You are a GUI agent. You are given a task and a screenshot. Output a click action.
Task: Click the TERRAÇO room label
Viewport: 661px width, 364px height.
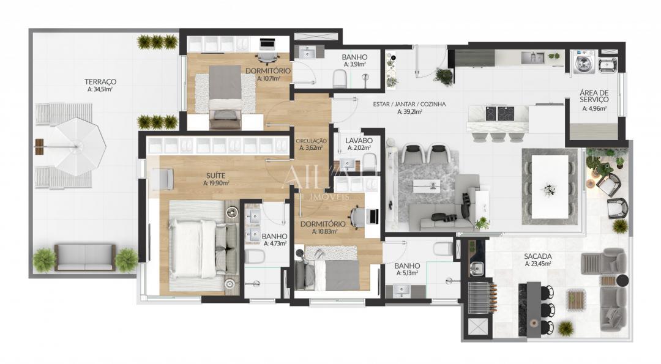point(100,81)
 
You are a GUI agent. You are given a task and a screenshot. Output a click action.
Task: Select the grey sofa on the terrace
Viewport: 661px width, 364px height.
point(84,258)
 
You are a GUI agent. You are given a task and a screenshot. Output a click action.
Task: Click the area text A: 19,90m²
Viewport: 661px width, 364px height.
point(217,183)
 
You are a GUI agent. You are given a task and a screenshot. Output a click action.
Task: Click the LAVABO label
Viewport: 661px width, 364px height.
point(359,139)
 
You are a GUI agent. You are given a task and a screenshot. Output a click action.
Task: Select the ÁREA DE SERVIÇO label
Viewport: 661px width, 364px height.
point(594,96)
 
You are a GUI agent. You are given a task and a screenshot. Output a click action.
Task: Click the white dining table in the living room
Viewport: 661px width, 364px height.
point(549,186)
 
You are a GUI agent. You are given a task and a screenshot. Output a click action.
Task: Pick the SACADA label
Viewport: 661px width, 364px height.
point(538,256)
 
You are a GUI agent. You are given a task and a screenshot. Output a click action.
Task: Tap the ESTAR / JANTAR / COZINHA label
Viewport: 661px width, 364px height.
point(409,104)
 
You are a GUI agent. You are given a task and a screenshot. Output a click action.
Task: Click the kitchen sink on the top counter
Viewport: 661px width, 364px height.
point(532,58)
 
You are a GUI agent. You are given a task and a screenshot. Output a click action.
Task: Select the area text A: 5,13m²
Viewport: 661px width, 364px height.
point(406,273)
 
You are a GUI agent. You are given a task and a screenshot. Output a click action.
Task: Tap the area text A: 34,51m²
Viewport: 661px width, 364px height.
point(100,89)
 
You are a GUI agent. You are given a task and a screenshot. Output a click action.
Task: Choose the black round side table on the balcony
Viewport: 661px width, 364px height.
point(622,281)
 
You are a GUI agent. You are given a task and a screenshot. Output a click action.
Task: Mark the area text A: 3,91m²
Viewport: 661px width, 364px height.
point(354,64)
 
